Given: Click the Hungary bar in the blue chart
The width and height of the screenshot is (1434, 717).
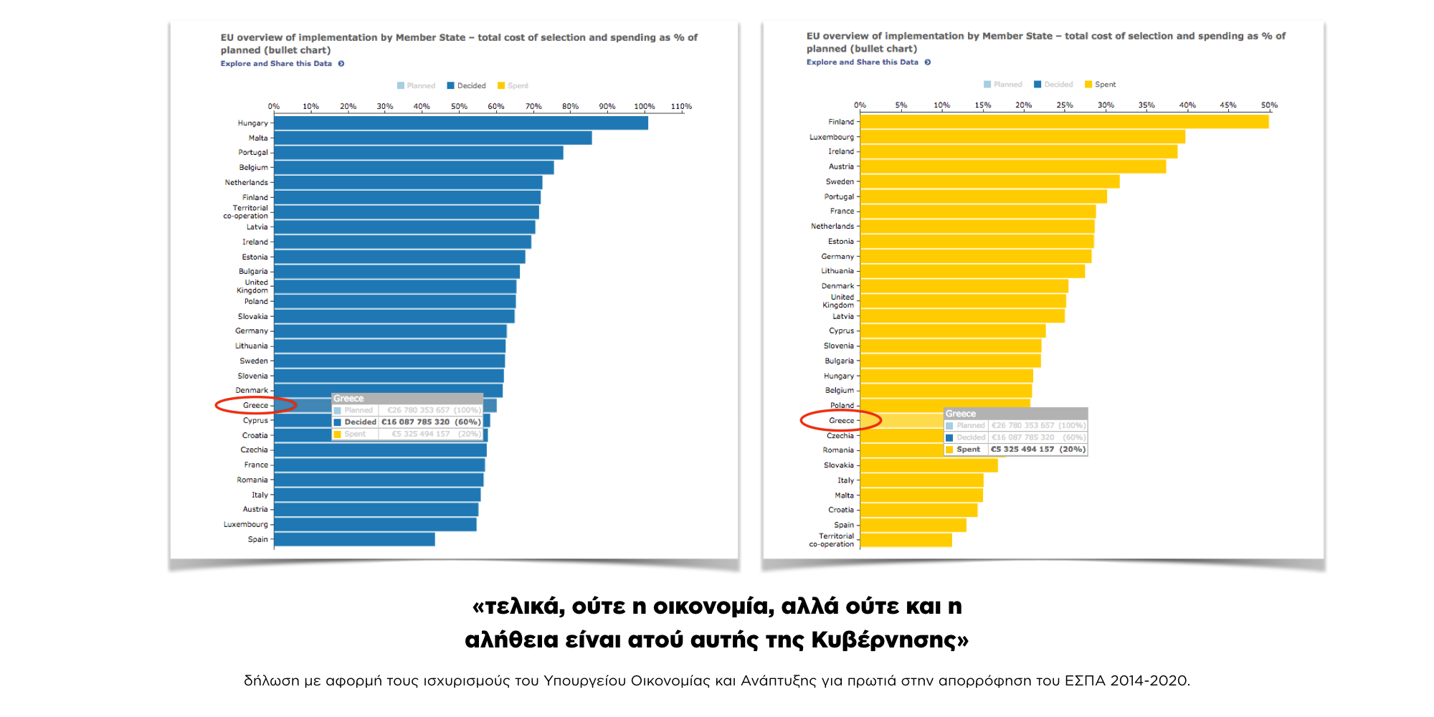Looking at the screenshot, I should pos(460,123).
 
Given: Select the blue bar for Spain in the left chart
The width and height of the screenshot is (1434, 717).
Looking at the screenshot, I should pos(354,539).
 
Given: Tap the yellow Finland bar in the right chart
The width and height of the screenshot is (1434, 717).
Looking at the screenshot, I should pos(1064,122).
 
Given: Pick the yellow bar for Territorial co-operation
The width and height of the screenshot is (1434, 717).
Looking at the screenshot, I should pos(906,540).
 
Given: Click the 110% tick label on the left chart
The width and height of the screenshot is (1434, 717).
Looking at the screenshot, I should pos(681,106).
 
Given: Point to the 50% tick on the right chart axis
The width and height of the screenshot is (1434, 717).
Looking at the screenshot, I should pos(1269,105).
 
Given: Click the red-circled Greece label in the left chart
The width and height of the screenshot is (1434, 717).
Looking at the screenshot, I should pos(255,405).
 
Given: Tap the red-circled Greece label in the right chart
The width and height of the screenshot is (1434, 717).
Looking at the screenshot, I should pos(841,420).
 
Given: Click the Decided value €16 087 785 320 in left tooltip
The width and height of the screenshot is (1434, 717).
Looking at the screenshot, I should pos(415,422).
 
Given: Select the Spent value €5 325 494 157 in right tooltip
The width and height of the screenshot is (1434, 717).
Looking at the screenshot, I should pos(1022,450).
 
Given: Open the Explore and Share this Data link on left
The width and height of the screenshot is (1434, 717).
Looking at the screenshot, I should pos(277,64).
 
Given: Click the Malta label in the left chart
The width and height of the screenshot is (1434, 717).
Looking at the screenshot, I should pos(258,138).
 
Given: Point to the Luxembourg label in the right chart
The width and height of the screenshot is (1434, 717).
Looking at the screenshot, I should pos(832,137).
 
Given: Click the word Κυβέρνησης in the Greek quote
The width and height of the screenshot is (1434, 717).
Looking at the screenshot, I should pos(889,639).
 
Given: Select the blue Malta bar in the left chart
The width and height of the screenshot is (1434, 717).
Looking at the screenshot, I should pos(432,138).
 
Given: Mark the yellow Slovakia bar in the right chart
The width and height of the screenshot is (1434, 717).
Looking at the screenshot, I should pos(929,465).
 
